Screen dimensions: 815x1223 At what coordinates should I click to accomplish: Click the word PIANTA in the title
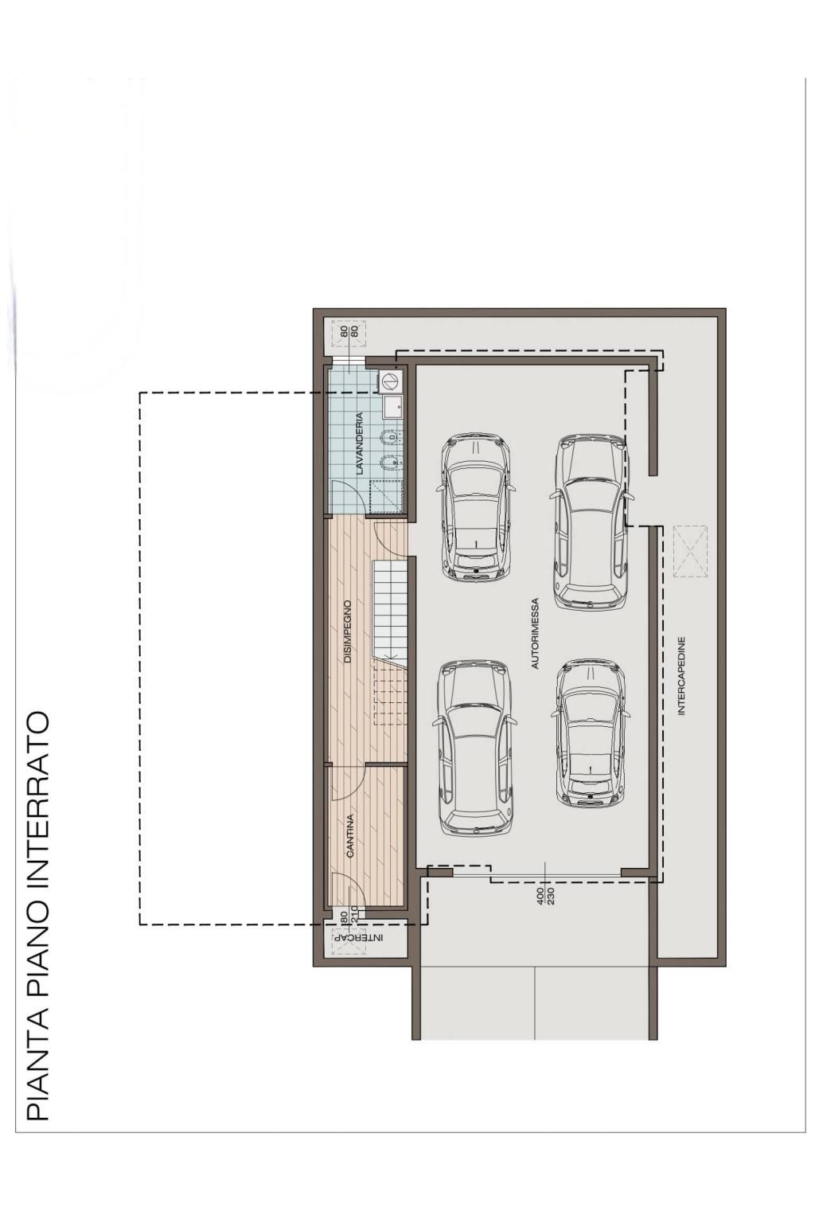click(37, 1097)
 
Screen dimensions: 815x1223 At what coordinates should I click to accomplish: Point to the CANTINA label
click(350, 834)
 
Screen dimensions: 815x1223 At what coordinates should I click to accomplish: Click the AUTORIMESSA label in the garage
click(536, 633)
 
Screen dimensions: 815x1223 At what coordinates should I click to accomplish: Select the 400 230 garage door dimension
click(544, 898)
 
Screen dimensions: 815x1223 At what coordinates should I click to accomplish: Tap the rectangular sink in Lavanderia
click(392, 407)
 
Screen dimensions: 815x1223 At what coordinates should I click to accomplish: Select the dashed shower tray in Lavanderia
click(387, 496)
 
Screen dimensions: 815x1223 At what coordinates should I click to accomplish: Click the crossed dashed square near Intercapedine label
click(690, 551)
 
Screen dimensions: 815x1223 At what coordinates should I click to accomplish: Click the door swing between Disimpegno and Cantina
click(346, 783)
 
